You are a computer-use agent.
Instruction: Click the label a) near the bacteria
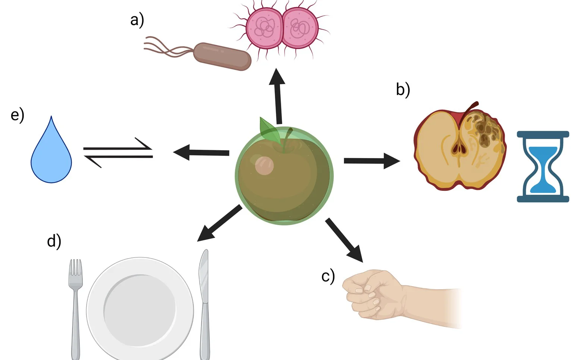tap(137, 20)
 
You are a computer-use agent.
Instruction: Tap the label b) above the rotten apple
tap(403, 90)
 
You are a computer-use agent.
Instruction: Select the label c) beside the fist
tap(328, 277)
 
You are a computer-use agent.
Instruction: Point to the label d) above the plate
tap(54, 241)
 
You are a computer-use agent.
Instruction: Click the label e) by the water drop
tap(18, 115)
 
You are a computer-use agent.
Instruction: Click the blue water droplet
tap(51, 155)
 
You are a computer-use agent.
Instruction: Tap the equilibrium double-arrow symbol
tap(118, 152)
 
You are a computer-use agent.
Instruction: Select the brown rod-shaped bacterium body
tap(222, 56)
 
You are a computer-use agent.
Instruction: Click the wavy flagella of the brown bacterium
tap(166, 48)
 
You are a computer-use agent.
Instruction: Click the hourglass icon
tap(543, 166)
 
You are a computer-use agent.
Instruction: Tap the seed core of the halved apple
tap(458, 148)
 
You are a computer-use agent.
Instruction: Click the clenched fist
tap(373, 294)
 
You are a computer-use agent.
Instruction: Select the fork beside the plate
tap(76, 306)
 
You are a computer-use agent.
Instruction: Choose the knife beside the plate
tap(204, 302)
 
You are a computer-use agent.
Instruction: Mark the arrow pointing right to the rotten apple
tap(371, 161)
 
